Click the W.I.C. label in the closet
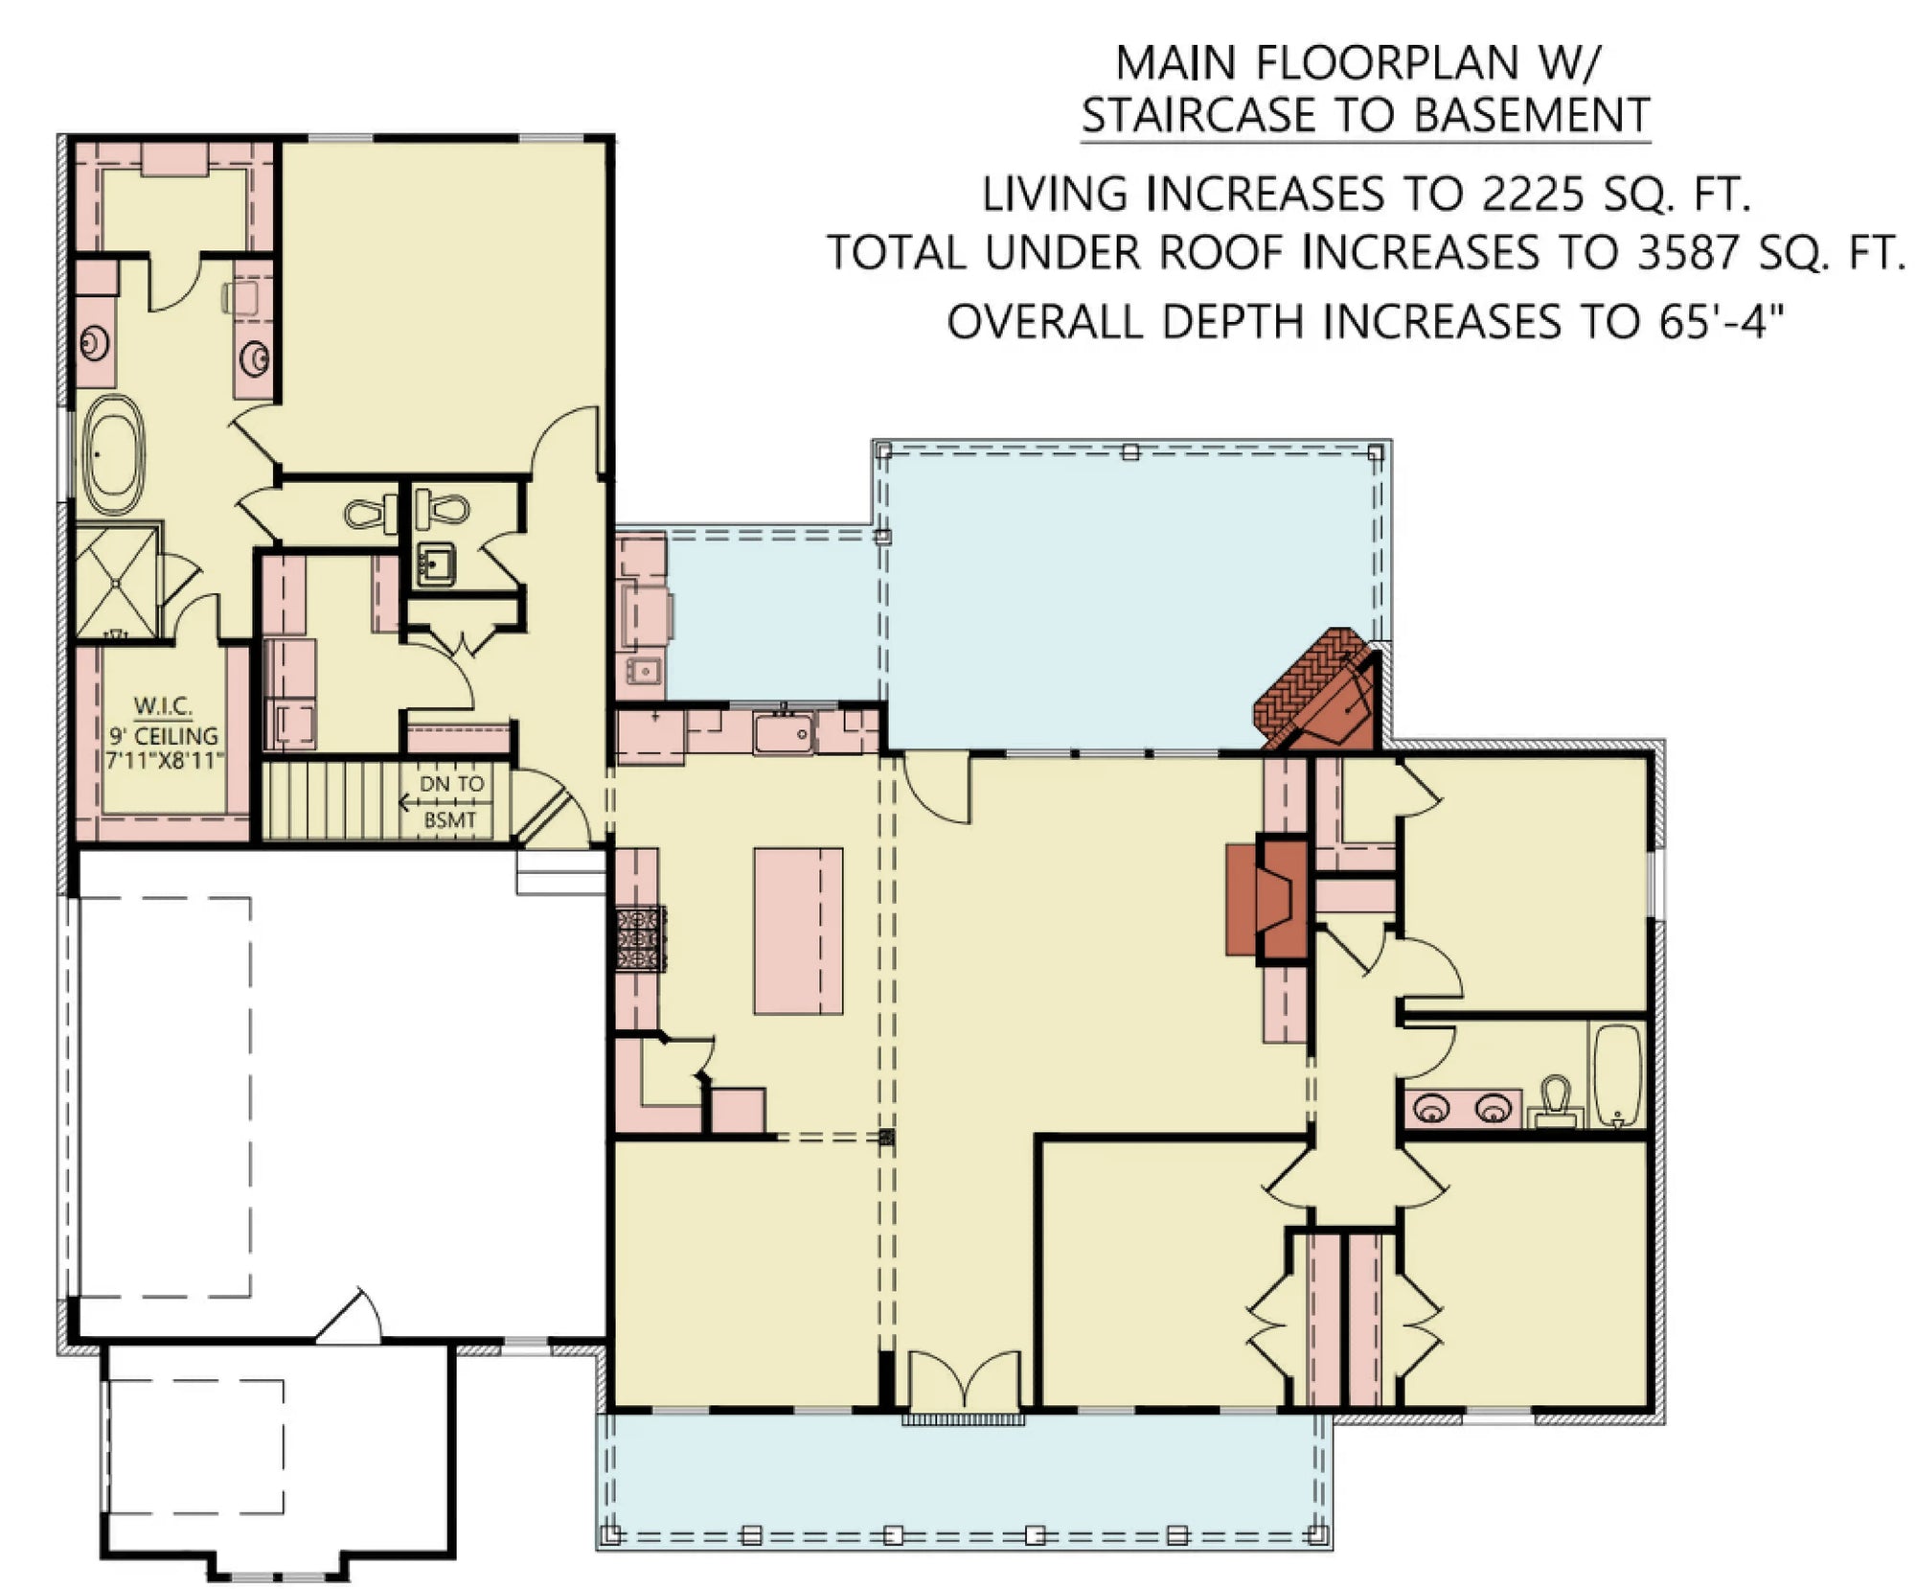click(162, 706)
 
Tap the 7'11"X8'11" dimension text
click(164, 761)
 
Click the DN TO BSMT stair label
click(450, 801)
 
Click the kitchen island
click(798, 931)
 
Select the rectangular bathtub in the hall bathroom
click(1617, 1074)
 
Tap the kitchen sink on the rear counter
click(784, 734)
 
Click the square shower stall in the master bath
click(117, 581)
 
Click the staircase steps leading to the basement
click(331, 800)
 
